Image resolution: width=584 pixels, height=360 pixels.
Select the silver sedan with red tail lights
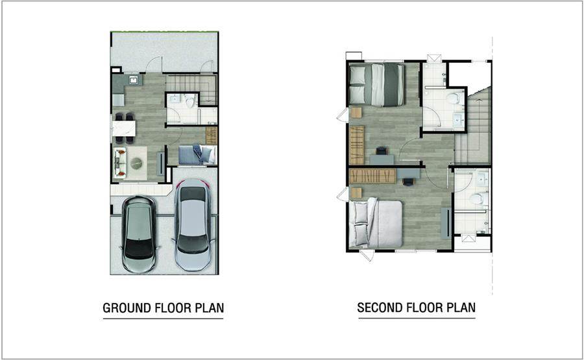click(x=193, y=224)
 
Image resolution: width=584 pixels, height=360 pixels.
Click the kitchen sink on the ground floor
click(x=134, y=80)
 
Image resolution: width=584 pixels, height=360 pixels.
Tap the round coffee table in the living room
click(x=136, y=163)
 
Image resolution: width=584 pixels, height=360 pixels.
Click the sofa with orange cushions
click(x=119, y=163)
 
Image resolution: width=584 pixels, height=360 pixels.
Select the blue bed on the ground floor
click(x=197, y=154)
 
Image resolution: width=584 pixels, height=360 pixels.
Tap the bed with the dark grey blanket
click(x=376, y=85)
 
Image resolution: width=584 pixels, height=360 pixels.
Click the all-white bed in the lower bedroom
click(x=376, y=224)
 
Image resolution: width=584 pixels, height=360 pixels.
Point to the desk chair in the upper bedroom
click(x=382, y=150)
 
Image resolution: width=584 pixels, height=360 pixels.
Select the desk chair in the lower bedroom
click(x=408, y=182)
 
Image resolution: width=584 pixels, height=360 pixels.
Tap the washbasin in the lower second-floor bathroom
click(x=482, y=180)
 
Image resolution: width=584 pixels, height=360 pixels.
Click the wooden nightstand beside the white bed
click(x=356, y=193)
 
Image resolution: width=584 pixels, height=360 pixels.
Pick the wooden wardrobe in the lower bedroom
click(x=372, y=176)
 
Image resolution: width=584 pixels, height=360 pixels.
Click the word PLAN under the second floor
click(x=461, y=307)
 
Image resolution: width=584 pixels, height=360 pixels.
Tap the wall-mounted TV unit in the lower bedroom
click(x=445, y=223)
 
